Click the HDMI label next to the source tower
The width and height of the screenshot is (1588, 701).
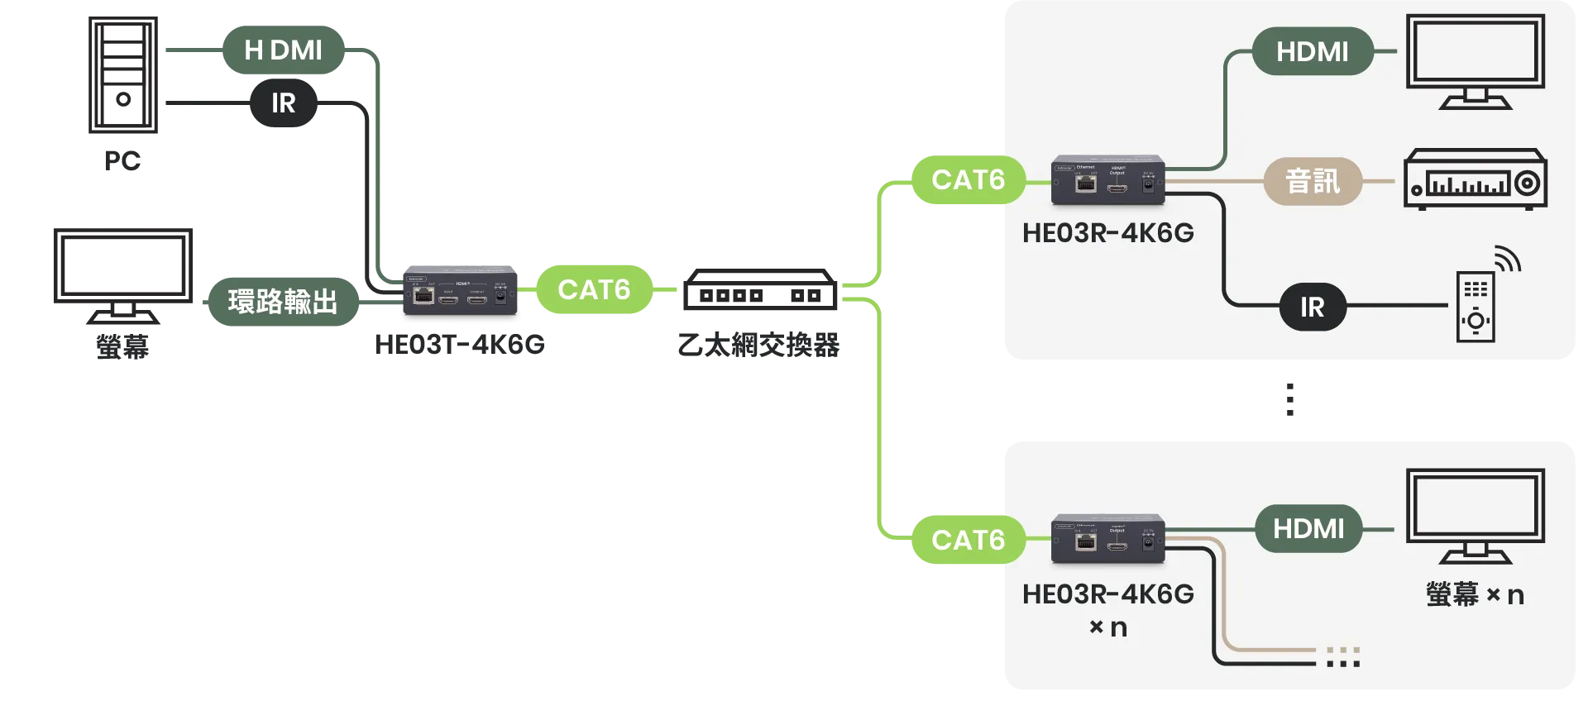tap(283, 50)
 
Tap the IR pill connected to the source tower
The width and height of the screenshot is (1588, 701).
tap(283, 103)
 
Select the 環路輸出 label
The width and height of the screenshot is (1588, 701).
tap(283, 301)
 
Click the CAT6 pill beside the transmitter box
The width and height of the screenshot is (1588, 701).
tap(594, 290)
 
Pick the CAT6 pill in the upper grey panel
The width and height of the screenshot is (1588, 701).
tap(968, 179)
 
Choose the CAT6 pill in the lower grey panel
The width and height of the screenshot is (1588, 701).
tap(968, 540)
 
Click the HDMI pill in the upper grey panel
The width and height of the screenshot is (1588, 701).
tap(1312, 52)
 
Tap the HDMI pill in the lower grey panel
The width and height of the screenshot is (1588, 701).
tap(1308, 529)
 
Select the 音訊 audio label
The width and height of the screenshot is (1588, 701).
tap(1312, 181)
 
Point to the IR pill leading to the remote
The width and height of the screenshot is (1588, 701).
tap(1312, 308)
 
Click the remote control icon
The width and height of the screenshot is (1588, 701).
tap(1476, 306)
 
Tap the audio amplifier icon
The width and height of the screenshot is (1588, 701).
tap(1476, 179)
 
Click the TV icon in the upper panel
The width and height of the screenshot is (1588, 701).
tap(1476, 60)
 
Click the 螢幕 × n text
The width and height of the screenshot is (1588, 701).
tap(1475, 594)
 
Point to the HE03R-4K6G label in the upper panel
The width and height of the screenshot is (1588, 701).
tap(1107, 233)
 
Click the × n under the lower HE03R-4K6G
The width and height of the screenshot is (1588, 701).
tap(1107, 627)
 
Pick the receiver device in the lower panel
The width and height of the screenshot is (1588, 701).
tap(1107, 539)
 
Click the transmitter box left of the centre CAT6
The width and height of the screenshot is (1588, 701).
tap(460, 290)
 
